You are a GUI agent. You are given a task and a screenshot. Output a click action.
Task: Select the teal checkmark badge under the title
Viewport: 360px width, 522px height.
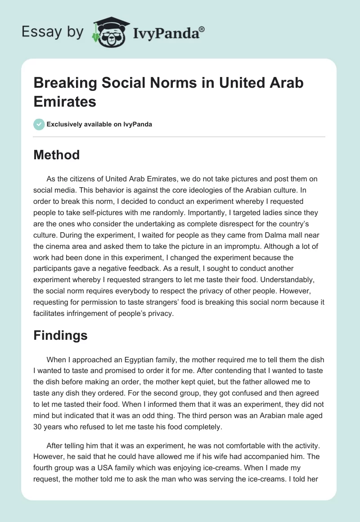click(39, 124)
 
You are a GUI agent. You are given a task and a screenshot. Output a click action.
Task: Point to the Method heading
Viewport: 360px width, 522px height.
click(56, 155)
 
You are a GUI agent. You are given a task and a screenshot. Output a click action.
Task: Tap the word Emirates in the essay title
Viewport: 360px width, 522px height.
click(65, 102)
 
